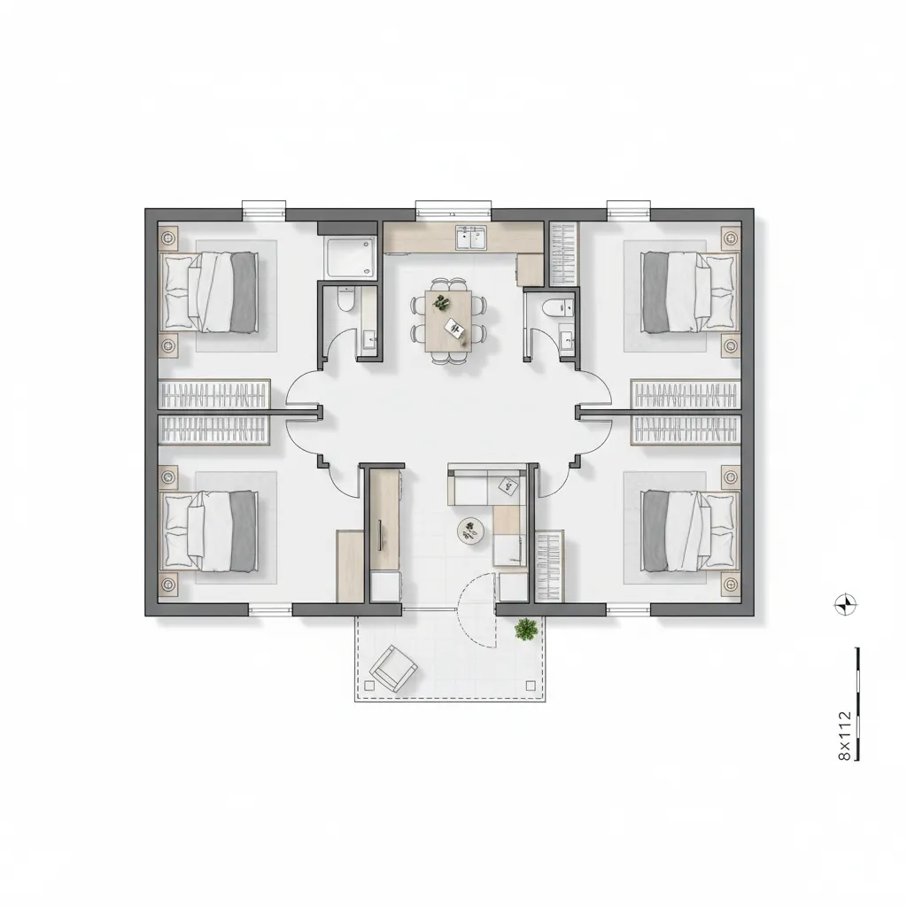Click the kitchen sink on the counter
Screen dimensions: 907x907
[471, 237]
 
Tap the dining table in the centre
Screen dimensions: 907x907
[448, 321]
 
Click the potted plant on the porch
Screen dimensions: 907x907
[526, 630]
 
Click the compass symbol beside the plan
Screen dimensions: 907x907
[846, 605]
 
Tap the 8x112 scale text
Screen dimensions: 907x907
[844, 736]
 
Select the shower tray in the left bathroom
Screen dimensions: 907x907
[351, 258]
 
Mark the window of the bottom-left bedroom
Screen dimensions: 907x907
[270, 609]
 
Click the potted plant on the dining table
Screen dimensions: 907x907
[441, 302]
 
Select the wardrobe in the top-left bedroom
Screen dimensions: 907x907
[214, 394]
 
